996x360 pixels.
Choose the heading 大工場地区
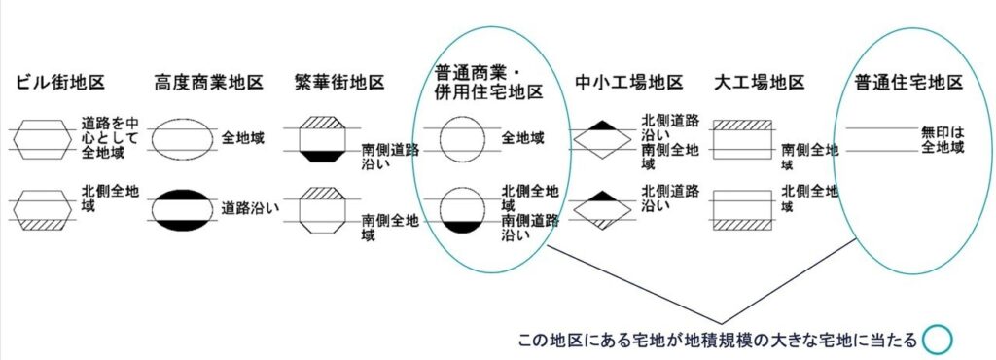pyautogui.click(x=760, y=82)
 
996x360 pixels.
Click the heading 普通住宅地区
pyautogui.click(x=908, y=82)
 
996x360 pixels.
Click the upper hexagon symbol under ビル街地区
pyautogui.click(x=46, y=138)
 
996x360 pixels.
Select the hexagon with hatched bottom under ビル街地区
pyautogui.click(x=46, y=208)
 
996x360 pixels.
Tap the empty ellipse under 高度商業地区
pyautogui.click(x=184, y=138)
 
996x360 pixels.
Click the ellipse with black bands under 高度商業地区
pyautogui.click(x=184, y=208)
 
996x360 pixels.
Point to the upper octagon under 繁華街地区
pyautogui.click(x=321, y=138)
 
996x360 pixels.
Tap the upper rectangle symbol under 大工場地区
pyautogui.click(x=742, y=138)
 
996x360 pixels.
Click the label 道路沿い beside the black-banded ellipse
pyautogui.click(x=251, y=207)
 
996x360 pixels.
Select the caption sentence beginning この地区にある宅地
pyautogui.click(x=720, y=341)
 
